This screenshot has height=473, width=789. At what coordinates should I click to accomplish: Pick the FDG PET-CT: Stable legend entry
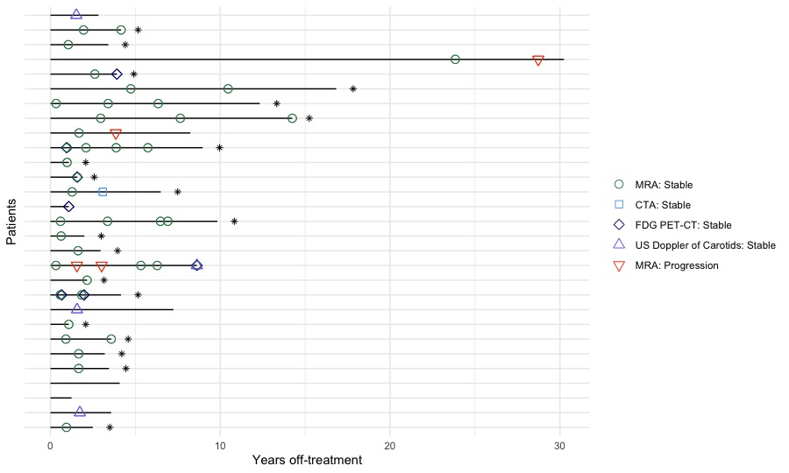coord(681,225)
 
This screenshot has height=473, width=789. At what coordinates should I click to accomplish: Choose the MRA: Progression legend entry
coord(676,265)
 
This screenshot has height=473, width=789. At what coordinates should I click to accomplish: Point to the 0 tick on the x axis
coord(50,444)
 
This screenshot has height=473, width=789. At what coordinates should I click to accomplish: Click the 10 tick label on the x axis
coord(220,444)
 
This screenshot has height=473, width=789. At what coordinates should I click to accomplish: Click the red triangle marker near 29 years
coord(538,60)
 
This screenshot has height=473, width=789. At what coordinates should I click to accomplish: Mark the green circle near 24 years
coord(455,60)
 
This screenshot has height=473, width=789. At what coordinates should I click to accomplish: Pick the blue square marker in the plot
coord(103,192)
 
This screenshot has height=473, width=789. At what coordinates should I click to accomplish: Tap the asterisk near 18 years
coord(353,88)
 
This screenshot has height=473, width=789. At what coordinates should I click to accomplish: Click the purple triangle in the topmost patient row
coord(76,14)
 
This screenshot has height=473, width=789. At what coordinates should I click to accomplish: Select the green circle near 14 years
coord(292,118)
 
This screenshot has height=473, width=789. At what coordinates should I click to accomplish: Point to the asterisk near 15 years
coord(309,118)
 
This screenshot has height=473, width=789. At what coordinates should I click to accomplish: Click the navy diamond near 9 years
coord(196,265)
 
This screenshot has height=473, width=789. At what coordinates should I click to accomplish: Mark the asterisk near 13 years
coord(276,103)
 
